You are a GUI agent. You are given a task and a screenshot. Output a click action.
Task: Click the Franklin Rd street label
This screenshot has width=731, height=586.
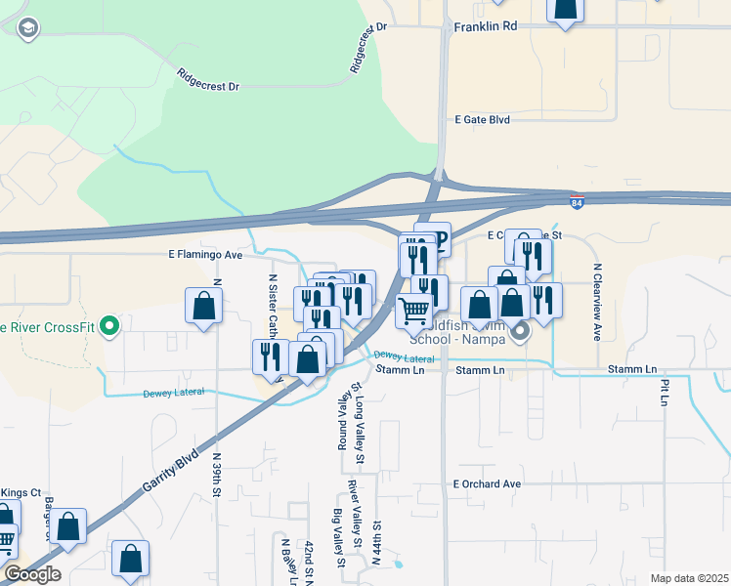(x=485, y=27)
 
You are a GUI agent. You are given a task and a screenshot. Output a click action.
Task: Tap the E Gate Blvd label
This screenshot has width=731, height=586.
(x=483, y=119)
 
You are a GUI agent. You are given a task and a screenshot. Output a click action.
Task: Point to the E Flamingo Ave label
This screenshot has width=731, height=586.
(x=203, y=254)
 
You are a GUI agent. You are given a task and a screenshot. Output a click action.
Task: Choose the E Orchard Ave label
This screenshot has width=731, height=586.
(x=487, y=483)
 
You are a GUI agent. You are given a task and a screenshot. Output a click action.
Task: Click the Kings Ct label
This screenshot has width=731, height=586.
(x=20, y=492)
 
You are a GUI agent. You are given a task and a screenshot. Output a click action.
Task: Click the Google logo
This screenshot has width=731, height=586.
(x=32, y=574)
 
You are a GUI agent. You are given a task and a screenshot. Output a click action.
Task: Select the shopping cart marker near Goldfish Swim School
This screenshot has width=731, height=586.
(x=414, y=310)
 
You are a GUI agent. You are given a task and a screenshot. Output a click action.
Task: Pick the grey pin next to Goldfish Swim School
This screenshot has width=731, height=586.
(x=520, y=332)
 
